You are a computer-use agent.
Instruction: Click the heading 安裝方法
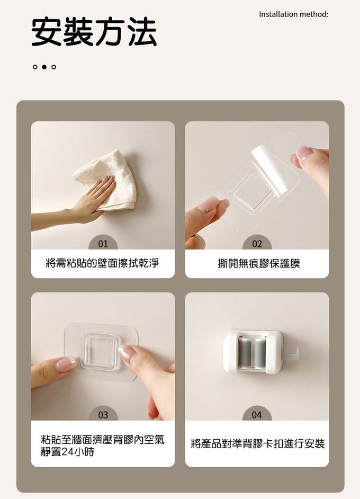[94, 32]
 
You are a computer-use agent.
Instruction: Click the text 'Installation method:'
[293, 14]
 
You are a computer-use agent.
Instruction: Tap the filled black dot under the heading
[44, 67]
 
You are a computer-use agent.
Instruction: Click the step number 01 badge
[103, 244]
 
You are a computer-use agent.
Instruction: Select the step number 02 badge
[257, 244]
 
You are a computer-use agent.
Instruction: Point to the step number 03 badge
[103, 414]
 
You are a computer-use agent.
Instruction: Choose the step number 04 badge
[257, 414]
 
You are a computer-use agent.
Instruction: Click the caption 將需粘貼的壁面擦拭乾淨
[102, 263]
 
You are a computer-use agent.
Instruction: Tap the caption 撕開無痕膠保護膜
[259, 263]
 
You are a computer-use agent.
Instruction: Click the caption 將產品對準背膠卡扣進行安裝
[258, 443]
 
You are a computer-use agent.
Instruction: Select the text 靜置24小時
[67, 451]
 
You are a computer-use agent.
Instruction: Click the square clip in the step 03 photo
[99, 351]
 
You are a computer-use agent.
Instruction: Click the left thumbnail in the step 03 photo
[66, 364]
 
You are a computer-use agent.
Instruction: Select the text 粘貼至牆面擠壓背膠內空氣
[102, 440]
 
